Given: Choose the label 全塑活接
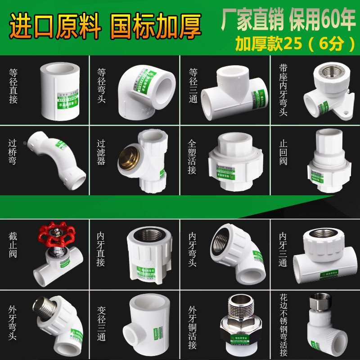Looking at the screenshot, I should click(x=193, y=155).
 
